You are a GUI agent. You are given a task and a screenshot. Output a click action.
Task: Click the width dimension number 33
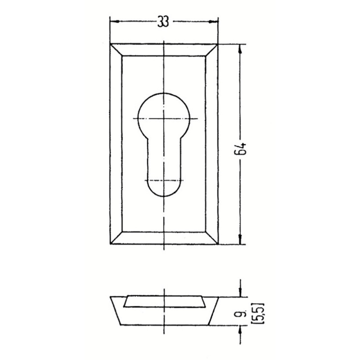(163, 22)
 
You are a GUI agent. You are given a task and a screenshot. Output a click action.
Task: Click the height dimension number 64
(240, 148)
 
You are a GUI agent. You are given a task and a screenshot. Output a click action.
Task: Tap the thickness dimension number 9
(239, 313)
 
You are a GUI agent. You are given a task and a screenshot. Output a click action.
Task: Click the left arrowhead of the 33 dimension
(115, 21)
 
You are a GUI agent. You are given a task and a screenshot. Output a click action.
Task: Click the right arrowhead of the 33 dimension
(213, 21)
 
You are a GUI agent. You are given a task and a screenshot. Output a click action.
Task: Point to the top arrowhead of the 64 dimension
(240, 49)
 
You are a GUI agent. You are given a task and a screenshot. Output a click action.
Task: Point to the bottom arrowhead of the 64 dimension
(240, 239)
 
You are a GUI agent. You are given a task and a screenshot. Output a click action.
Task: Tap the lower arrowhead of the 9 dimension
(240, 330)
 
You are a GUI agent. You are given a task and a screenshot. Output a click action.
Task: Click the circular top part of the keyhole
(163, 93)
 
